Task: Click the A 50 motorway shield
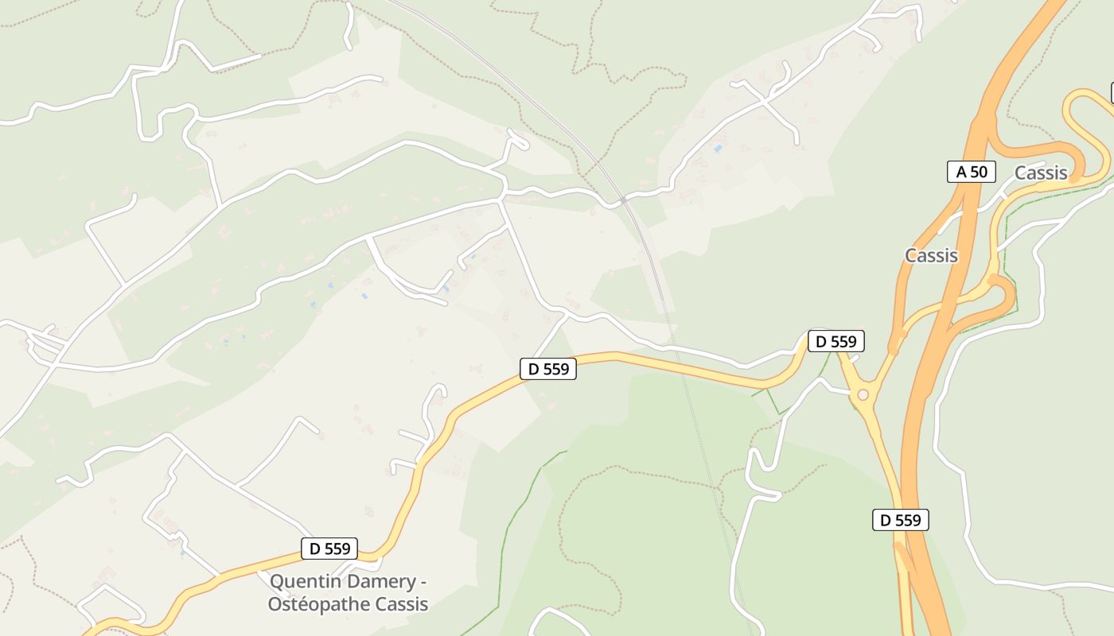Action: coord(972,171)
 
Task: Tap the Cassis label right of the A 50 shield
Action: coord(1041,173)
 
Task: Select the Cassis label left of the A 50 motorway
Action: coord(931,255)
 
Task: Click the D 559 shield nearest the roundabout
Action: coord(836,341)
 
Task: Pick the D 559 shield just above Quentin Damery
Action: coord(329,548)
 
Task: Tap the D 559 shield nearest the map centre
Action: coord(547,369)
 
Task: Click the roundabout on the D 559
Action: coord(863,394)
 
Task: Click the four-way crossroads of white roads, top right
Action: coord(767,100)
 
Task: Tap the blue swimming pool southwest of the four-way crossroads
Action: coord(719,148)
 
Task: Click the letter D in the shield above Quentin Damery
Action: coord(315,548)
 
